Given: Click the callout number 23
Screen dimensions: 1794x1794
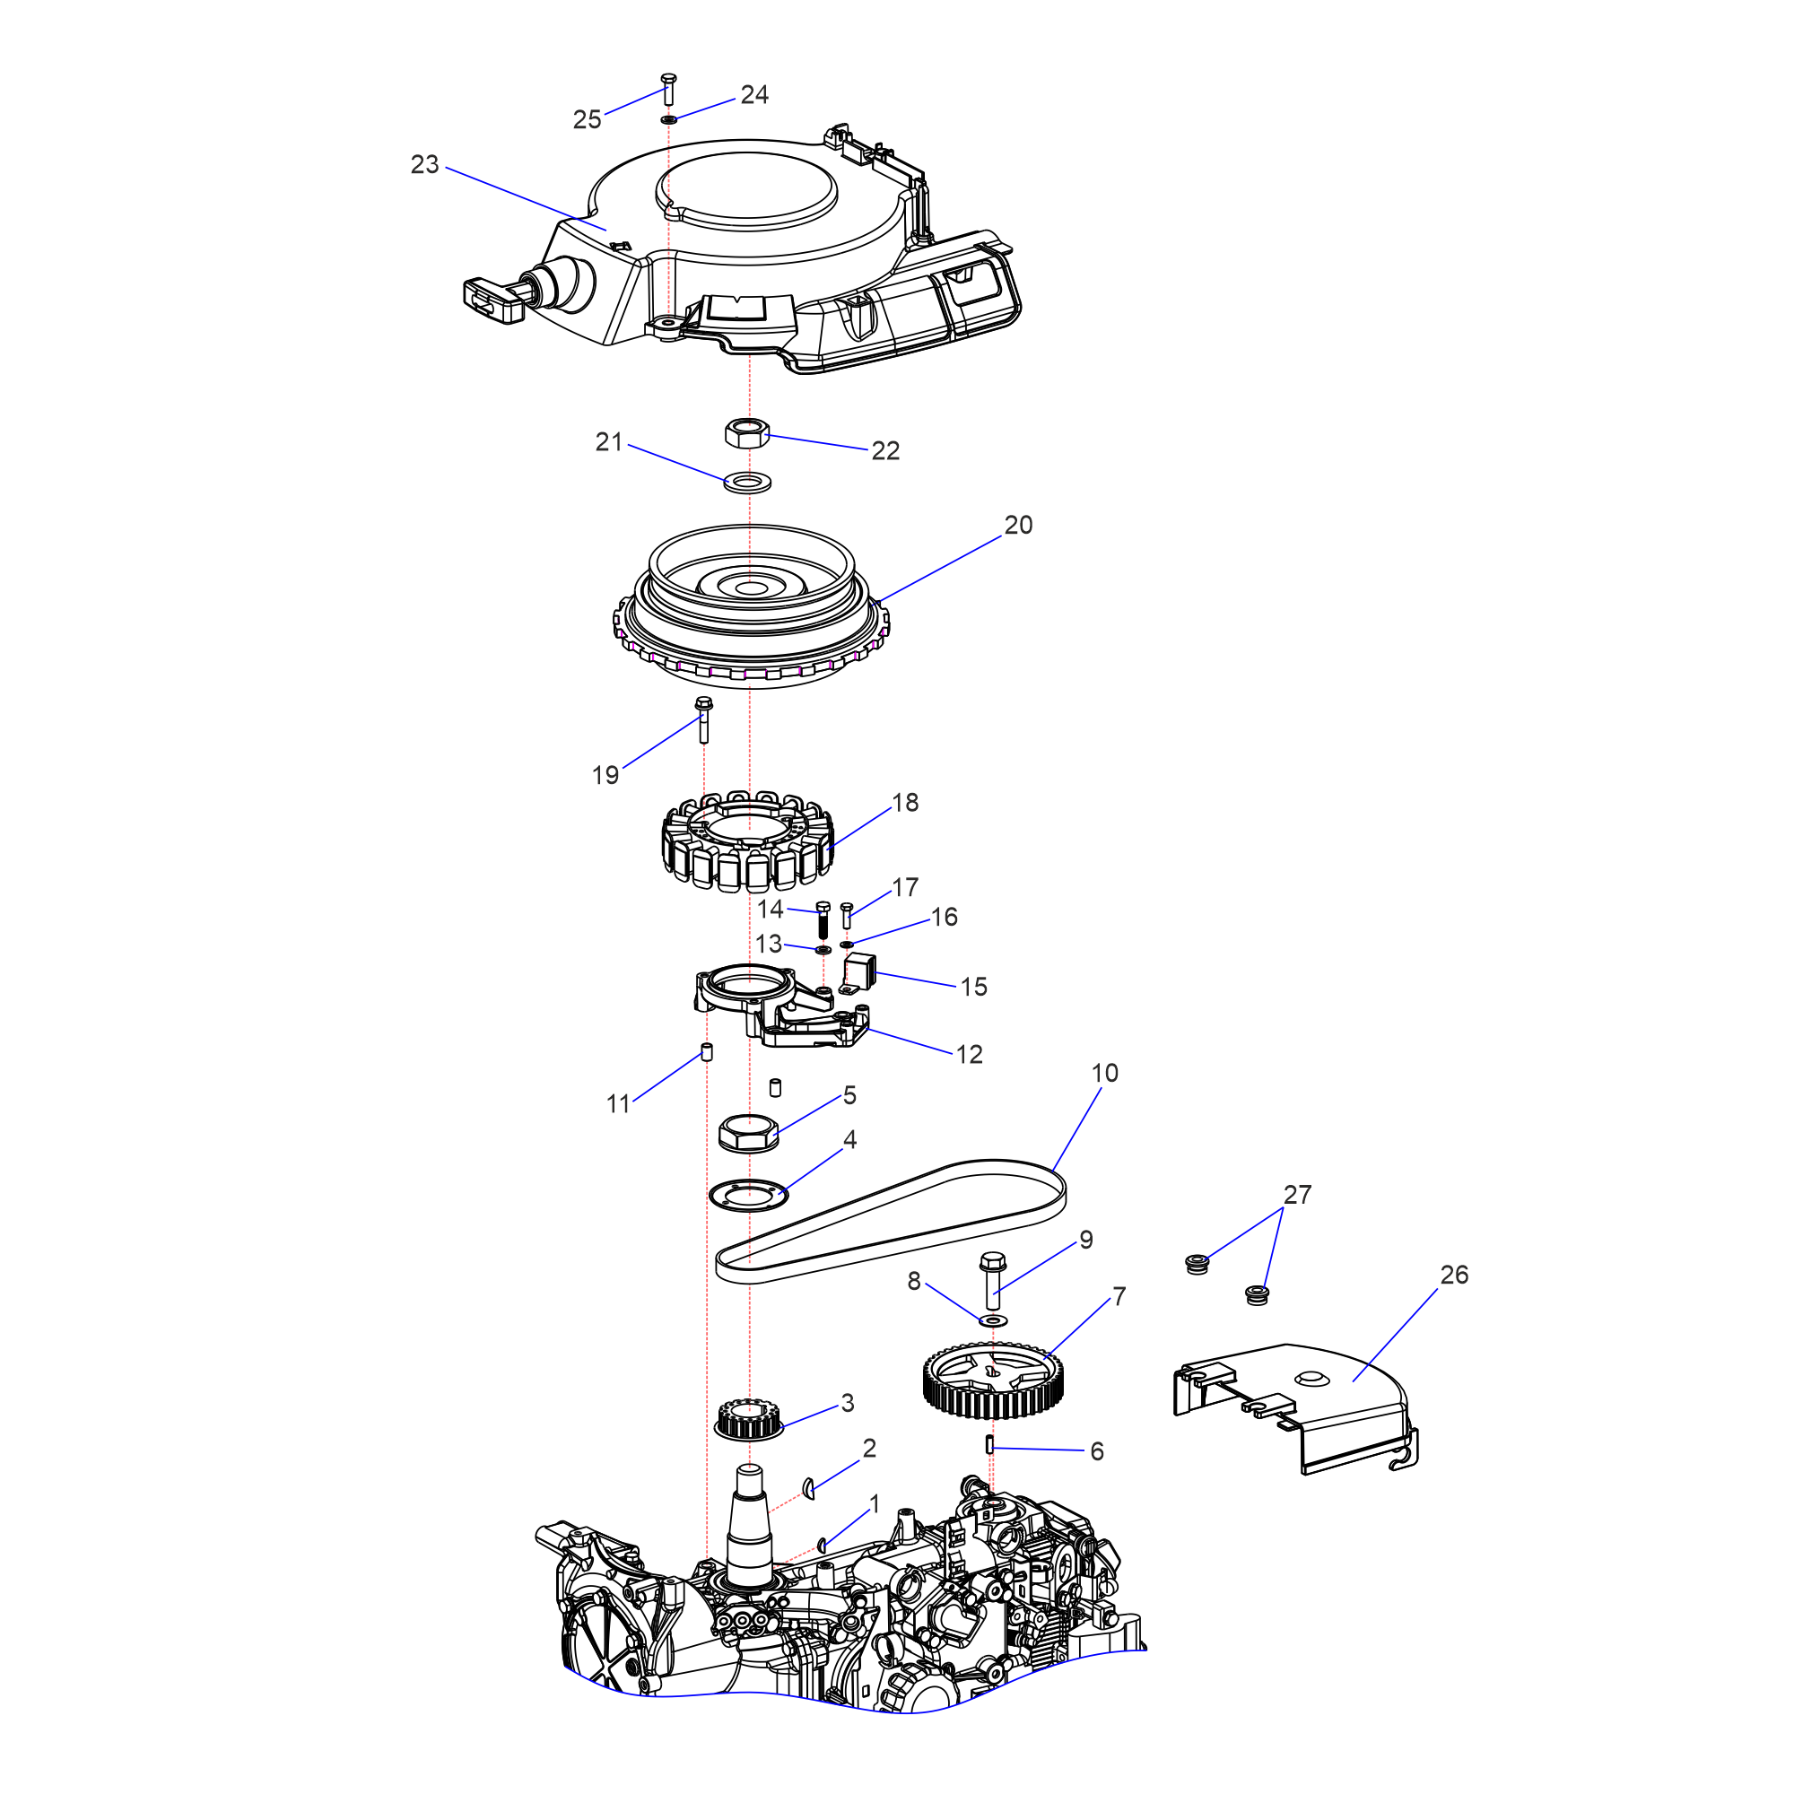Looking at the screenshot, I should [424, 164].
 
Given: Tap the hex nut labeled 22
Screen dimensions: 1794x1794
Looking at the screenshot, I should [746, 432].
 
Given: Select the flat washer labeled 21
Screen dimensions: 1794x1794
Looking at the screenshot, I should [746, 483].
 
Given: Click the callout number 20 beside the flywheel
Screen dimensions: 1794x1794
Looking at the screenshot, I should [1018, 525].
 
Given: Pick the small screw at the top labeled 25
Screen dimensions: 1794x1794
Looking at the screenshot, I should [667, 90].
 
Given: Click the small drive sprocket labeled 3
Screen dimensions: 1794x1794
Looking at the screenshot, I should [747, 1420].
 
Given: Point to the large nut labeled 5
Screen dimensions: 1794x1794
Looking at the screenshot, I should [748, 1133].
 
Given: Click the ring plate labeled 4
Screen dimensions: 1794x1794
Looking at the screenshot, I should [748, 1195].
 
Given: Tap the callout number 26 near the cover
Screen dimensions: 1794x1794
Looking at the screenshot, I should [1454, 1275].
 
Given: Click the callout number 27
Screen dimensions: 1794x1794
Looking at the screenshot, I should [1297, 1194].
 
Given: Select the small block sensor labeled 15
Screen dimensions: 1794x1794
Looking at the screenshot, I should [861, 972].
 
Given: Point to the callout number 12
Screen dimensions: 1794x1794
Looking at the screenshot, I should [969, 1054].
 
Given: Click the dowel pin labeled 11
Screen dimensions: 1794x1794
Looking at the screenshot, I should [706, 1052].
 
